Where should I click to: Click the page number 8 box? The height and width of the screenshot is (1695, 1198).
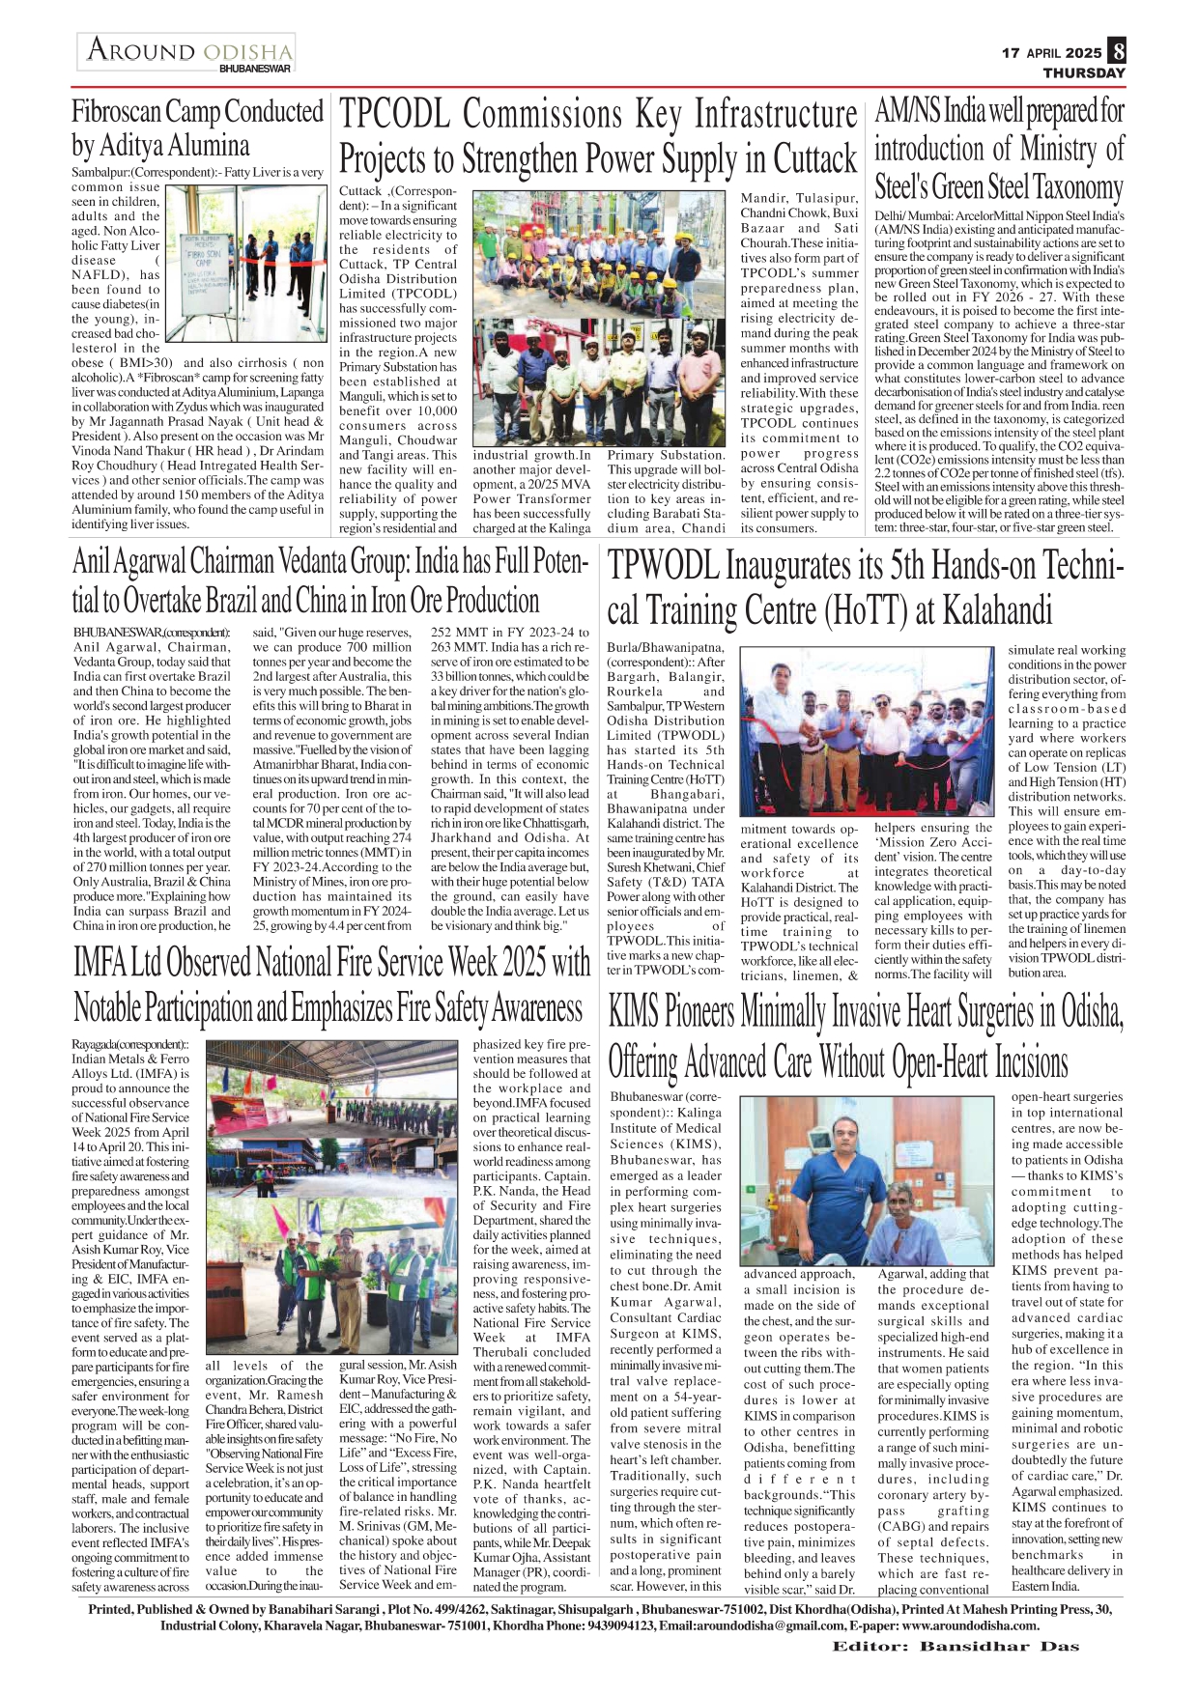[x=1117, y=50]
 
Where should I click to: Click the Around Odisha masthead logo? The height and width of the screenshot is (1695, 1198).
[x=188, y=49]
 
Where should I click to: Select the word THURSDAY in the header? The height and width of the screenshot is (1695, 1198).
[x=1084, y=72]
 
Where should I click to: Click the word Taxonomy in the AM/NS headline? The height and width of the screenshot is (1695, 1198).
[x=1077, y=186]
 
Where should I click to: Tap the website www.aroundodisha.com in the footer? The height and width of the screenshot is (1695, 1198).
[x=970, y=1624]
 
